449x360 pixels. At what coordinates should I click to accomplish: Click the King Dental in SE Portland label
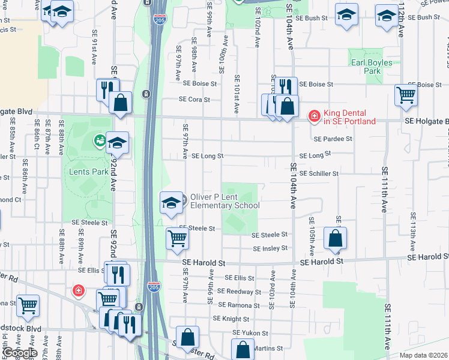[x=349, y=117]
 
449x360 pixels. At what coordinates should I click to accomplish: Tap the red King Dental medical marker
[x=314, y=116]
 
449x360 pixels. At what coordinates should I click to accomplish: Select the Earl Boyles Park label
[x=372, y=67]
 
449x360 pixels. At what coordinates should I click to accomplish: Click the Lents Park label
[x=88, y=172]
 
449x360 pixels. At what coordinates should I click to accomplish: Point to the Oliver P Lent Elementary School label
[x=224, y=201]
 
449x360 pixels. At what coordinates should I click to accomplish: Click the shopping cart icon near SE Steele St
[x=178, y=238]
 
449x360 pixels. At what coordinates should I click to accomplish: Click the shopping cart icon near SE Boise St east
[x=406, y=94]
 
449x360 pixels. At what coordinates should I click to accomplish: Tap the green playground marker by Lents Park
[x=98, y=141]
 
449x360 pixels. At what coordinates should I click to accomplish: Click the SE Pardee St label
[x=333, y=139]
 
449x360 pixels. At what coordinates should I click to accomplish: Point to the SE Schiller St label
[x=319, y=173]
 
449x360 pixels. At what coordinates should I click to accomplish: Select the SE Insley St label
[x=270, y=248]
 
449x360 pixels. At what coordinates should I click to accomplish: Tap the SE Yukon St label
[x=251, y=332]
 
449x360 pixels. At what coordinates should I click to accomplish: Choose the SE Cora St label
[x=194, y=100]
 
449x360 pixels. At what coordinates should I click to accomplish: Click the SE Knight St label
[x=231, y=319]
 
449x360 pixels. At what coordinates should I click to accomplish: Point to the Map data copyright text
[x=424, y=355]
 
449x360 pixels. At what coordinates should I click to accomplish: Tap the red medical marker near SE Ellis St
[x=78, y=291]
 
